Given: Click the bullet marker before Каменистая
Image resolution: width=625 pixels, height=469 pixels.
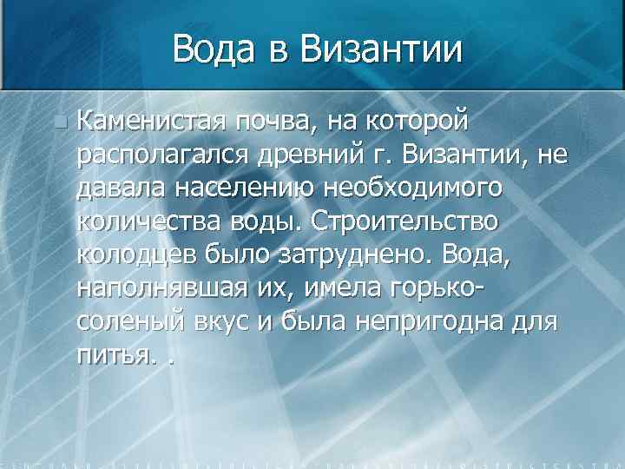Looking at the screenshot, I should click(x=58, y=123).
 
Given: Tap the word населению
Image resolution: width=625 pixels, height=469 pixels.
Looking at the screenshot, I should click(x=240, y=188).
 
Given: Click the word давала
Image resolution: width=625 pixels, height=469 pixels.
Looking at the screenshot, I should click(x=119, y=188).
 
